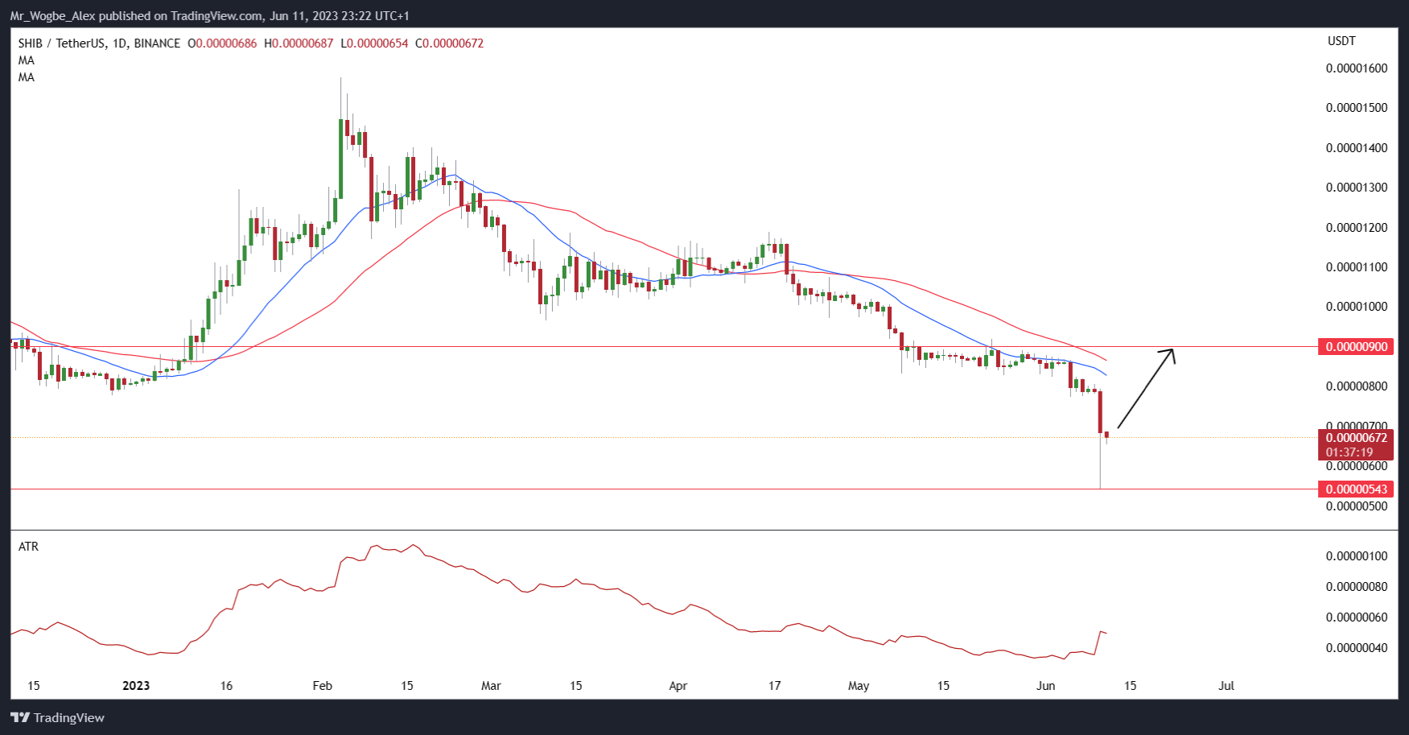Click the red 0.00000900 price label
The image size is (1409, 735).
point(1357,347)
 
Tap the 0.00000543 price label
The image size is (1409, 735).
point(1357,489)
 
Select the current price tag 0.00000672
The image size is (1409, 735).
point(1357,438)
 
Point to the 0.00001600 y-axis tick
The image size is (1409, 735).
point(1357,68)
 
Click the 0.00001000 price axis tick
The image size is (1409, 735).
point(1357,307)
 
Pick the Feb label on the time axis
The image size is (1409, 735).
point(322,686)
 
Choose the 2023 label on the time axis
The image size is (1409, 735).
point(136,686)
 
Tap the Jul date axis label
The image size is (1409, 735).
point(1226,686)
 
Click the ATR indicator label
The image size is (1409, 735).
point(28,547)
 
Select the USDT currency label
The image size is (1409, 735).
point(1341,41)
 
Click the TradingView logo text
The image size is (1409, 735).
point(68,718)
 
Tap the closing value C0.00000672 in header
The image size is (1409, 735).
point(449,43)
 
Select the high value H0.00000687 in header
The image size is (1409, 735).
point(299,43)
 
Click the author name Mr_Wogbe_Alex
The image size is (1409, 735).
point(52,16)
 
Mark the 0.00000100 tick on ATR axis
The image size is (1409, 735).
point(1357,556)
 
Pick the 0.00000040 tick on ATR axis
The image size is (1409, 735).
point(1357,648)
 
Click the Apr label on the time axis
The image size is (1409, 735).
point(678,686)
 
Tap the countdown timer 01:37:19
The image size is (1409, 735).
point(1349,452)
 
